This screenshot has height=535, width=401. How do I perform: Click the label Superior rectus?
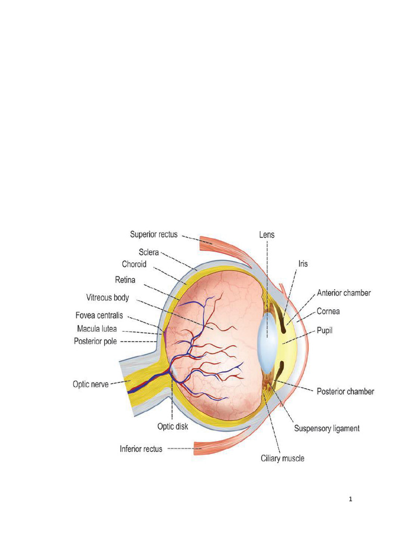click(154, 235)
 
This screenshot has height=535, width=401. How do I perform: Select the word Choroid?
click(134, 264)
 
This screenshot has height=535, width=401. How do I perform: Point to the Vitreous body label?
click(107, 298)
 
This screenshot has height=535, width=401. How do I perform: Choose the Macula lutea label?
click(97, 329)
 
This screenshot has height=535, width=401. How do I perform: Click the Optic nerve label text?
click(90, 384)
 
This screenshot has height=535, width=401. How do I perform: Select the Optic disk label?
click(173, 426)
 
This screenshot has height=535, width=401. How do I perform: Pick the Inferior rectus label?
click(141, 448)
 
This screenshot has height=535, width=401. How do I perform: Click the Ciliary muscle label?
click(282, 459)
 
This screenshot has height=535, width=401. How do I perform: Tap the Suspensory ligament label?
click(327, 428)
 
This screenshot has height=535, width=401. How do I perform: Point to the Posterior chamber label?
click(346, 391)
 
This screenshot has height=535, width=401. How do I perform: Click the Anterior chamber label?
click(344, 293)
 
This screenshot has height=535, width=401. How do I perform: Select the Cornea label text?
click(328, 311)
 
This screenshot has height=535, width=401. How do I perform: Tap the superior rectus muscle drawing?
click(225, 246)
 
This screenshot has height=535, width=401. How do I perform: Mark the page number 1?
click(351, 499)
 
